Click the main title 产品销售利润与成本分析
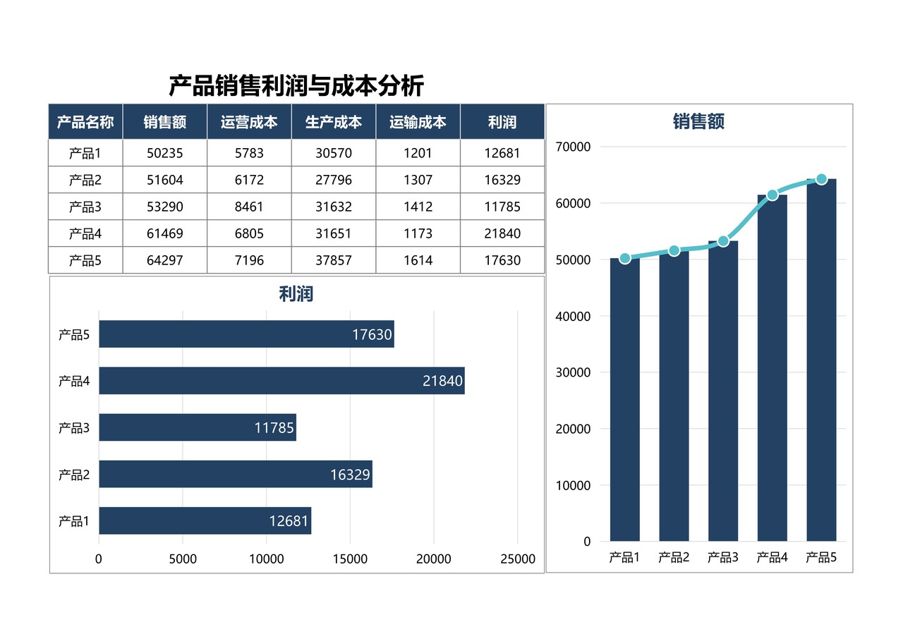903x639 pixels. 296,86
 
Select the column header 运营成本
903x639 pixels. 249,122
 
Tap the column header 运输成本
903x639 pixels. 418,122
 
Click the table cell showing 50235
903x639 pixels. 164,153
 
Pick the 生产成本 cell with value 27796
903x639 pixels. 333,180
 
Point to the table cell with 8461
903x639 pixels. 249,207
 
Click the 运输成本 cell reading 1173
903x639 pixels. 418,233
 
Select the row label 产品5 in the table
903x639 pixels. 85,260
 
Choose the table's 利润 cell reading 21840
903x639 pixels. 502,233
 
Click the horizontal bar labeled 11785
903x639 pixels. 198,427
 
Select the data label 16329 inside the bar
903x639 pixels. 350,475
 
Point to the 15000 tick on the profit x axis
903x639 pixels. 350,559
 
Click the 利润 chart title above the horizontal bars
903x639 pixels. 296,294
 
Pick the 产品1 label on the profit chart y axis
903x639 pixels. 74,521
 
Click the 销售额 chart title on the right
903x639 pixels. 698,122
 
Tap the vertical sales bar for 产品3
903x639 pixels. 723,395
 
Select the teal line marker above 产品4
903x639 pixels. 772,195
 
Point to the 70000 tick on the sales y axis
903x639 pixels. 574,147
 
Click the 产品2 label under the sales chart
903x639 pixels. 674,558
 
